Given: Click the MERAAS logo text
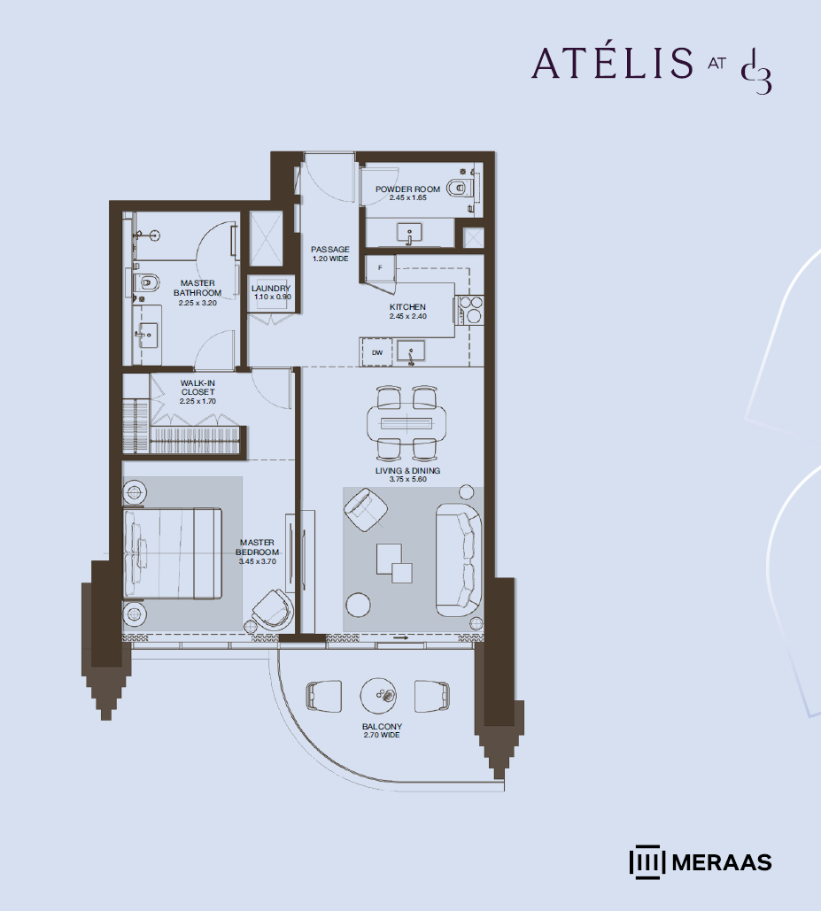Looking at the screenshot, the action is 722,862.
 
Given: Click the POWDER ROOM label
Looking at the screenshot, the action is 407,189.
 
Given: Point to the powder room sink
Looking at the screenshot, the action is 410,234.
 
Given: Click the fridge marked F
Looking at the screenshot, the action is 380,268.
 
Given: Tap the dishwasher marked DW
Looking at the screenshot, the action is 377,352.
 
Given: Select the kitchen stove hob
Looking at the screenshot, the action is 470,309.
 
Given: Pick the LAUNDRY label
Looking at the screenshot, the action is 271,289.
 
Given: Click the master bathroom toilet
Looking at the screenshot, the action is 146,283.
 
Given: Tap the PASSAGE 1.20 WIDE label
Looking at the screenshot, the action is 330,254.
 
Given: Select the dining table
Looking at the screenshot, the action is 407,422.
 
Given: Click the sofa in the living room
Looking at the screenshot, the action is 459,560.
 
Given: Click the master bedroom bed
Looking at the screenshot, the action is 172,553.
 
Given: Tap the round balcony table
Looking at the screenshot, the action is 378,695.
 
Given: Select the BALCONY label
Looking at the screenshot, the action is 382,726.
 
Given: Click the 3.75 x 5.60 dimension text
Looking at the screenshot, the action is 408,479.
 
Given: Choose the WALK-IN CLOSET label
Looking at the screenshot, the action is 198,388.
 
